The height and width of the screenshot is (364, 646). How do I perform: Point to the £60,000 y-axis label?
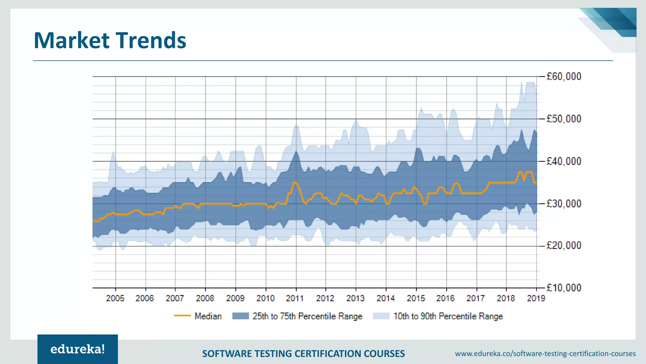click(x=564, y=76)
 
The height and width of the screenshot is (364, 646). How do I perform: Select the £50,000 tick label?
click(x=564, y=119)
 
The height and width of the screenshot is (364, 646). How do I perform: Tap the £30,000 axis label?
click(x=564, y=203)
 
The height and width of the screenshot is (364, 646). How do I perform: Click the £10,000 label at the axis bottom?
click(x=564, y=288)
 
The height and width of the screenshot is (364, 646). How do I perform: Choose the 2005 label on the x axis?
click(x=115, y=298)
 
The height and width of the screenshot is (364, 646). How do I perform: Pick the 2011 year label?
click(x=295, y=298)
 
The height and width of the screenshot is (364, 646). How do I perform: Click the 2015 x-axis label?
click(x=416, y=298)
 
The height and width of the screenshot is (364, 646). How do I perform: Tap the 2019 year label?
click(x=536, y=298)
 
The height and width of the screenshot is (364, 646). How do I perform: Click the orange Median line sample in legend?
click(x=182, y=316)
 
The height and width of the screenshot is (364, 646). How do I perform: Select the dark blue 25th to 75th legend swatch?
click(x=240, y=316)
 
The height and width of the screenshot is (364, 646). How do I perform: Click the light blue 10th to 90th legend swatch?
click(x=381, y=316)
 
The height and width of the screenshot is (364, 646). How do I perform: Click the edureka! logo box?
click(x=78, y=349)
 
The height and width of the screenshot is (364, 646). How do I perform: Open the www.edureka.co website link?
click(x=545, y=354)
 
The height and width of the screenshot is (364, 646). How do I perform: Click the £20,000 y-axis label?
click(x=564, y=246)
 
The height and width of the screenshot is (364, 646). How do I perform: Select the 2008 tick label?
click(x=205, y=298)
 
